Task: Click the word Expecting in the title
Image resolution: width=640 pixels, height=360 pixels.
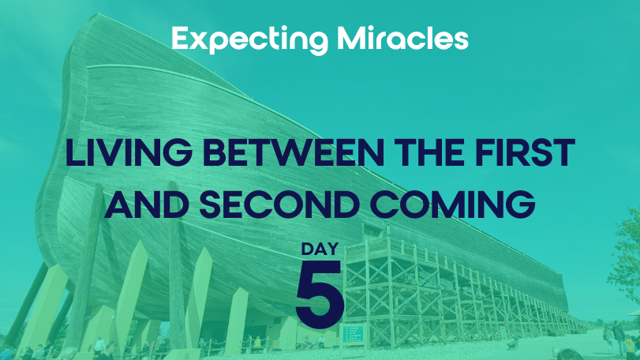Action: [250, 40]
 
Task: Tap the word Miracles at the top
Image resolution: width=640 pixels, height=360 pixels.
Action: [402, 39]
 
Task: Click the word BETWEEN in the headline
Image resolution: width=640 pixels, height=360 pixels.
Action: [293, 152]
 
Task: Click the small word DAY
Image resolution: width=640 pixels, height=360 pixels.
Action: [320, 249]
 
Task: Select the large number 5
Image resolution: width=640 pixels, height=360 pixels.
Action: [319, 294]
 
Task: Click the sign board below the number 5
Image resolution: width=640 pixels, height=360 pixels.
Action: [353, 335]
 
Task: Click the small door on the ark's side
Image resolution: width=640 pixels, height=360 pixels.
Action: [372, 231]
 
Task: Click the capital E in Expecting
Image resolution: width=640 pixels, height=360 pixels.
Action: [181, 39]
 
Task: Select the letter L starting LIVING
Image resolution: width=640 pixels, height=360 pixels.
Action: [75, 152]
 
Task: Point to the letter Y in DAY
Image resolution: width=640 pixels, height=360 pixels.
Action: [332, 249]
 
